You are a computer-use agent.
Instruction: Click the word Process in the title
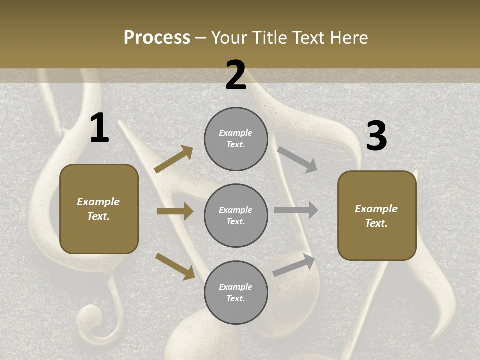157,38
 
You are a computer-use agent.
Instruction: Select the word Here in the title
348,38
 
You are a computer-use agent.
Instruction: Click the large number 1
99,128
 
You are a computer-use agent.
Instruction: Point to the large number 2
236,75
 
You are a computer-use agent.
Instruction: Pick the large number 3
376,136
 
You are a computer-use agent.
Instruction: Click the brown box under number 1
99,209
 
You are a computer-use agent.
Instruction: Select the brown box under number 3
377,216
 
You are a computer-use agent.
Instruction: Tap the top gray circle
236,139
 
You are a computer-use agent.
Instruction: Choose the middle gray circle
236,216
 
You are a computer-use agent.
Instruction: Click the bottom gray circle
236,293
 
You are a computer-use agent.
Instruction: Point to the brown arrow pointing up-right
174,159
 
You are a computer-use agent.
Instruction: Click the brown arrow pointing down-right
175,266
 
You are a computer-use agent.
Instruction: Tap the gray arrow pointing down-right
297,159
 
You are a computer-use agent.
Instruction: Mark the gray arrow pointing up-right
294,265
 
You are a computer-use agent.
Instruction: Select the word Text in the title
309,38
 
